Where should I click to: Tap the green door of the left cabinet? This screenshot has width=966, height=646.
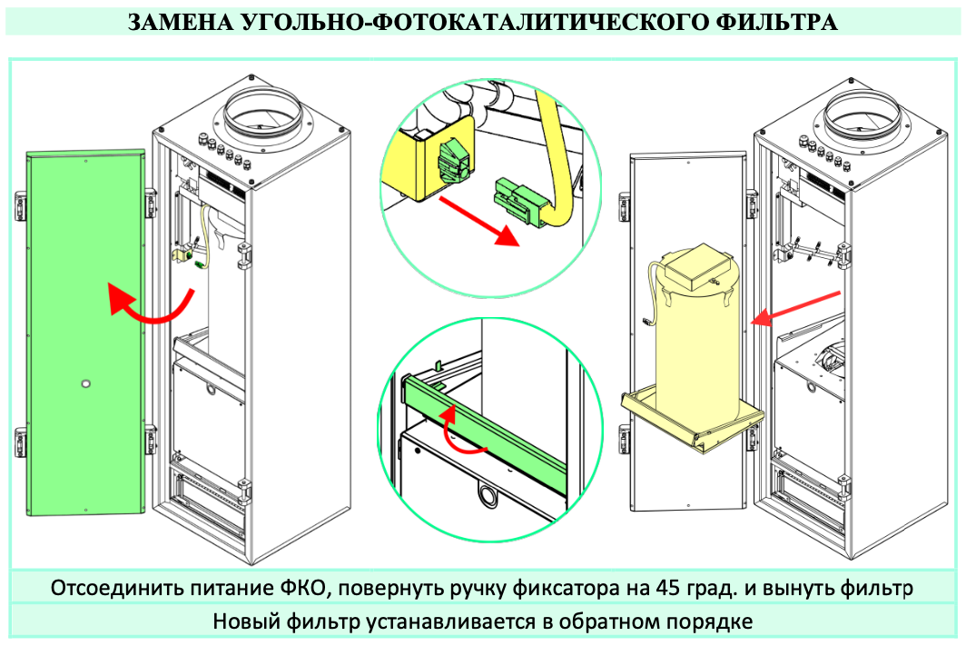pos(85,333)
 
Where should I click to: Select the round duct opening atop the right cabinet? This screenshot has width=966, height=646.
pos(863,114)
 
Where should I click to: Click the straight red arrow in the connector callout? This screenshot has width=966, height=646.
pos(479,222)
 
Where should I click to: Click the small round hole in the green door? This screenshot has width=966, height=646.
pos(85,383)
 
